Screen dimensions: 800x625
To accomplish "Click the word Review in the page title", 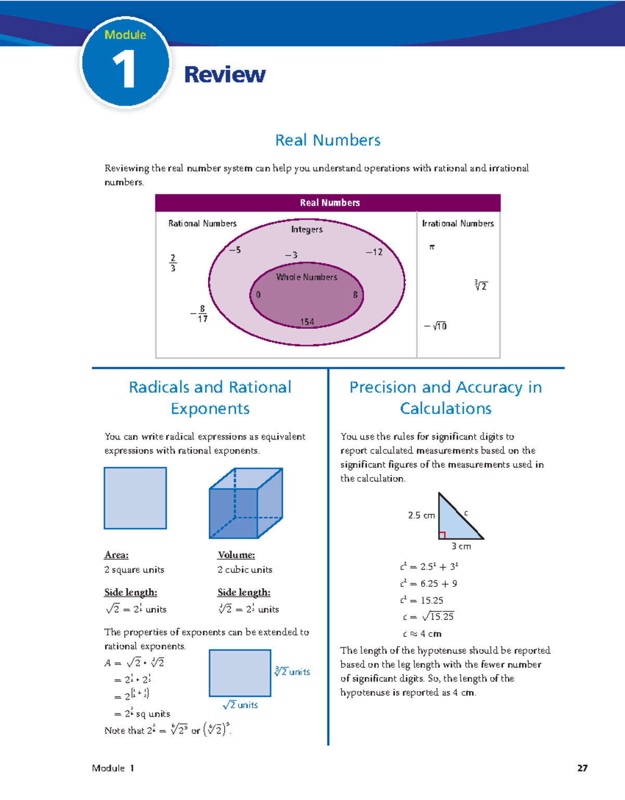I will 224,74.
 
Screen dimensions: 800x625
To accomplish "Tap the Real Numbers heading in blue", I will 328,140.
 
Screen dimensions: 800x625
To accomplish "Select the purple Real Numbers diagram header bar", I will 328,203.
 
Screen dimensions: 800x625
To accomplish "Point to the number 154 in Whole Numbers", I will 307,322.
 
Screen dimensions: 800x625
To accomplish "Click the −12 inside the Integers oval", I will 374,252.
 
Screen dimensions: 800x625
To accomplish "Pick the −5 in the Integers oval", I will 235,250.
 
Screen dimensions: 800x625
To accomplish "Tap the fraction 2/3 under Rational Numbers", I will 173,263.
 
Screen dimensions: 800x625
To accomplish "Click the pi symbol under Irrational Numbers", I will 431,247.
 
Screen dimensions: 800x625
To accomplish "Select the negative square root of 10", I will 435,326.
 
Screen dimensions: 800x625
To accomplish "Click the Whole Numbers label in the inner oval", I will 306,277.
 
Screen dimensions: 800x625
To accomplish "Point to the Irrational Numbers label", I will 458,223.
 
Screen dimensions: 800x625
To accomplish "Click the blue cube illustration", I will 245,503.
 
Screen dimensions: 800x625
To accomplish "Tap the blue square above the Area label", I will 135,498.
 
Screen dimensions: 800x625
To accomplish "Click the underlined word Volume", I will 236,555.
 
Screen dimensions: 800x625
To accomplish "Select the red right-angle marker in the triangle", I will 442,535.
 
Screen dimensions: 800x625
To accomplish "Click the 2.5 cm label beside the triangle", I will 421,515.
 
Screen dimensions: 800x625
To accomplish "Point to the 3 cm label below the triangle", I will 461,546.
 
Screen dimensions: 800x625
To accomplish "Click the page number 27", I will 582,768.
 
